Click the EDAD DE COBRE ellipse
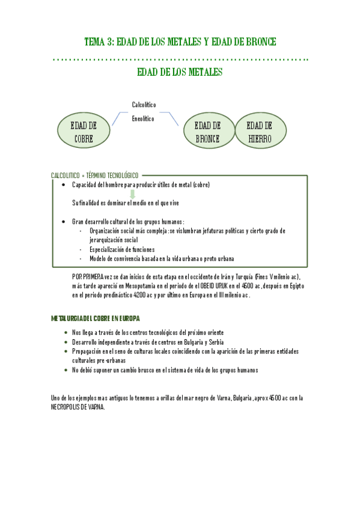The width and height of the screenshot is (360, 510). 84,132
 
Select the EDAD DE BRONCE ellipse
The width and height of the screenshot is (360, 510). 207,132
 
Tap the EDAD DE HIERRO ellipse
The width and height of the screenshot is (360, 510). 260,132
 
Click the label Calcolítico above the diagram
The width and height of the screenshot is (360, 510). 144,105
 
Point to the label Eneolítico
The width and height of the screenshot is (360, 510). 143,118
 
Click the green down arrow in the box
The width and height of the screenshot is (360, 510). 132,194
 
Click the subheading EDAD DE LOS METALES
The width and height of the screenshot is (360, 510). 180,72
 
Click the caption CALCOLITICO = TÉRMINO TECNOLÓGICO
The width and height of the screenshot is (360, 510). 95,175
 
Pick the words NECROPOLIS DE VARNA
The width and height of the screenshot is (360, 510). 78,407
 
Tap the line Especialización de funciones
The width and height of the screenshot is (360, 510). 122,249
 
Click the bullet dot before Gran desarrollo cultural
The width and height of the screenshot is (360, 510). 64,221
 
